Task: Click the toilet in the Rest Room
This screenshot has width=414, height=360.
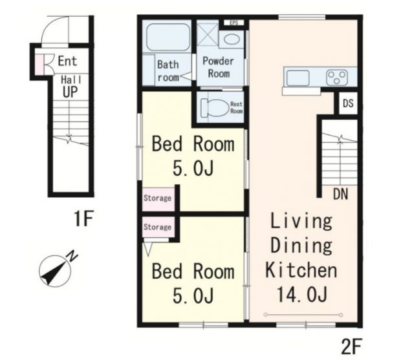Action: pos(214,107)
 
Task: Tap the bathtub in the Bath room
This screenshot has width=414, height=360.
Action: pos(168,37)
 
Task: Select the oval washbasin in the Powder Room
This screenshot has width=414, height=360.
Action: pos(232,39)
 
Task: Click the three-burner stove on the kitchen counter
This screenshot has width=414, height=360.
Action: pos(336,78)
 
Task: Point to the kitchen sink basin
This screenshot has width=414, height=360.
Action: pos(298,78)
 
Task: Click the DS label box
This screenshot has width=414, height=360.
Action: pos(348,103)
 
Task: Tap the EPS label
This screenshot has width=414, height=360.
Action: pos(234,23)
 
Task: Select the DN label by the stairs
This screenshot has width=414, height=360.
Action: pos(341,194)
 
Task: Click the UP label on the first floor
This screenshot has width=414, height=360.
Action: pos(70,92)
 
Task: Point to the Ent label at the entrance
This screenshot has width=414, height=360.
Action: pos(67,61)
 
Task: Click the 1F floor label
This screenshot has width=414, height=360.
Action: pos(83,218)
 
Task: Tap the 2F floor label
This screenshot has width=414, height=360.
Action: pos(351,346)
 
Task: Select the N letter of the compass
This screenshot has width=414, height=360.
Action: pos(72,256)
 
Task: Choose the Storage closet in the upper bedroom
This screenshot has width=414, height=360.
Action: pos(158,199)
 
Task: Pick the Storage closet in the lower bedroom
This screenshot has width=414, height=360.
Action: pos(158,227)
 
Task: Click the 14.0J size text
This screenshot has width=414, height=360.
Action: pos(302,295)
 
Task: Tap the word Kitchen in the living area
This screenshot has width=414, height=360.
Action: pos(301,270)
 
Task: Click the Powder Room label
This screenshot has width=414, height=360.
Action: pos(219,67)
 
